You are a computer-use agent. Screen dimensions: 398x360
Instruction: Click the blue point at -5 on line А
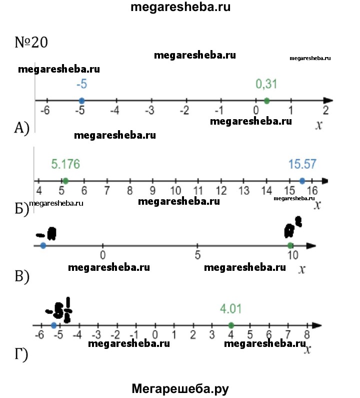pyautogui.click(x=81, y=101)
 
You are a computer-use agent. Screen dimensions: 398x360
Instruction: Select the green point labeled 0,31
pyautogui.click(x=266, y=101)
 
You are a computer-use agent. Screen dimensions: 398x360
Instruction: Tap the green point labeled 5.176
pyautogui.click(x=65, y=181)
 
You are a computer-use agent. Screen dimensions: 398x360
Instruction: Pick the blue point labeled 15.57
pyautogui.click(x=302, y=181)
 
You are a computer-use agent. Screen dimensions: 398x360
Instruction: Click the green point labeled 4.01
pyautogui.click(x=231, y=325)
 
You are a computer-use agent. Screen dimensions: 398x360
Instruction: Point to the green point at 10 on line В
pyautogui.click(x=290, y=245)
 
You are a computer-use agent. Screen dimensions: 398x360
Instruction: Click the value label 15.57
pyautogui.click(x=302, y=164)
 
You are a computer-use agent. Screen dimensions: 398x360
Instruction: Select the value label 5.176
pyautogui.click(x=65, y=164)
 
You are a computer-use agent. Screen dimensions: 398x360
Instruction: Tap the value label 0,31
pyautogui.click(x=266, y=84)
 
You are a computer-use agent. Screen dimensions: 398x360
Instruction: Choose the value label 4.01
pyautogui.click(x=231, y=309)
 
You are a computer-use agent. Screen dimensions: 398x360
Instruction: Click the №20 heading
pyautogui.click(x=31, y=43)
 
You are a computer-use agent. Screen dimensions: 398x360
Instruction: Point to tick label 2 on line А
pyautogui.click(x=325, y=111)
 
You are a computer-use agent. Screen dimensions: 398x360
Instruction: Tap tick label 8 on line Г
pyautogui.click(x=306, y=335)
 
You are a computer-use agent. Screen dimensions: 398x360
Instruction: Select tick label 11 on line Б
pyautogui.click(x=198, y=191)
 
